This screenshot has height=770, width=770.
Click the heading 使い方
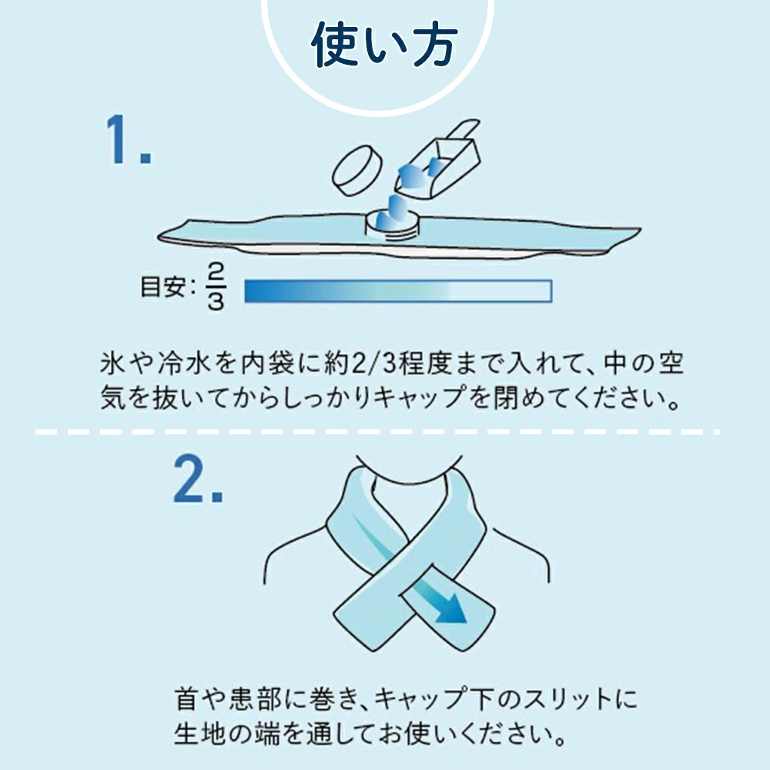click(x=384, y=44)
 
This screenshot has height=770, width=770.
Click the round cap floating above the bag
click(x=357, y=172)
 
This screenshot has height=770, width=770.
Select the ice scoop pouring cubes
click(x=437, y=159)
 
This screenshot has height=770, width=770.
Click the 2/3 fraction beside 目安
click(x=216, y=286)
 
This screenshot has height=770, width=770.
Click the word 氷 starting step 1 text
click(x=112, y=363)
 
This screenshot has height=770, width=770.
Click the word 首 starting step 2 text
click(x=186, y=699)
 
